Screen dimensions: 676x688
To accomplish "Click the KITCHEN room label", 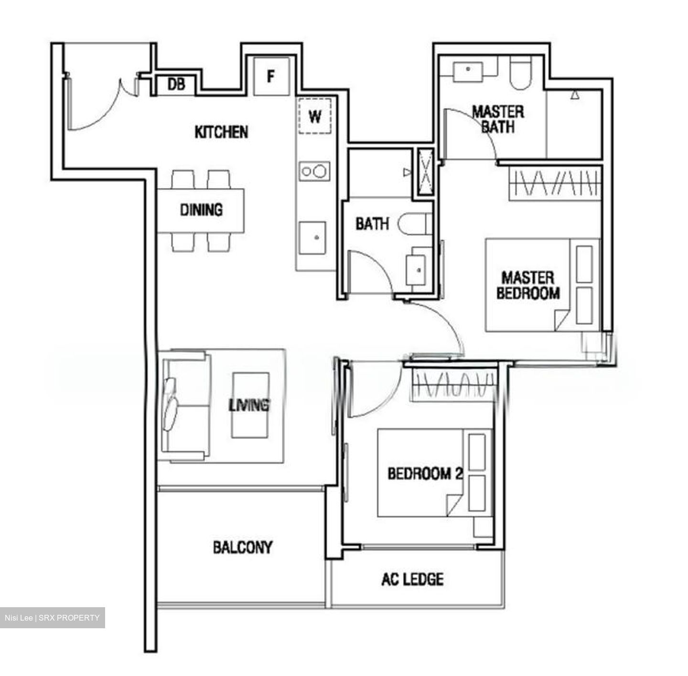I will point(221,132).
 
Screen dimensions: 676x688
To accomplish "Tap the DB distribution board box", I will point(176,85).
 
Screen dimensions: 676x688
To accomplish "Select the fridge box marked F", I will point(271,76).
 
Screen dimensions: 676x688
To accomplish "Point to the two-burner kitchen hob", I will point(314,171).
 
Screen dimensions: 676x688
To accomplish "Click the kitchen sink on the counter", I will point(313,237).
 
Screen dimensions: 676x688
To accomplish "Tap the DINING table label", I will point(201,210).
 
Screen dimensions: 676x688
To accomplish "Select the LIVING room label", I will point(249,405).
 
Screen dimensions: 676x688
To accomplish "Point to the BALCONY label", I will point(243,547).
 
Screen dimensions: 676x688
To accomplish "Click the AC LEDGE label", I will point(412,579).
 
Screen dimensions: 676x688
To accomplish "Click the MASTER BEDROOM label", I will point(528,285).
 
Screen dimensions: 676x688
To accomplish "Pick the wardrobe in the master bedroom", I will point(554,183).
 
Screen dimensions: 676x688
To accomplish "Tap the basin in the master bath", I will point(468,70).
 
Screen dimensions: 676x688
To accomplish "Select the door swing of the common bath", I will point(370,272).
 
